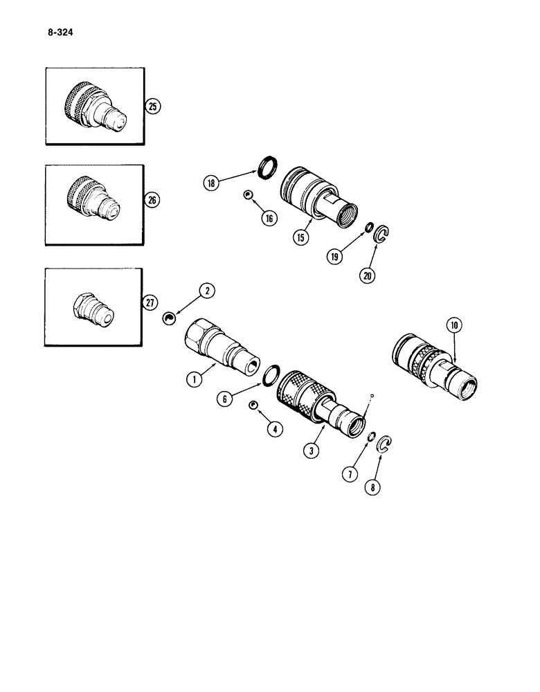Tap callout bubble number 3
pyautogui.click(x=294, y=450)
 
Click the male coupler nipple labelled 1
pyautogui.click(x=221, y=344)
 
